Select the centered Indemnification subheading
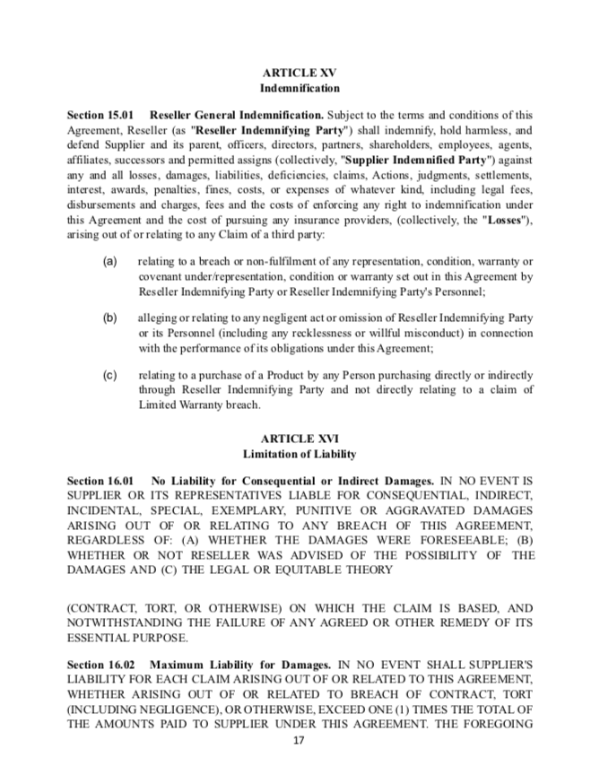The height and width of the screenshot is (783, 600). pos(300,89)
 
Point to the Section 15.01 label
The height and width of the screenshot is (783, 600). pos(100,115)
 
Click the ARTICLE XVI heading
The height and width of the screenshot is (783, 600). pos(300,439)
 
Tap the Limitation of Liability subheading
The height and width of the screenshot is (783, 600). pos(300,455)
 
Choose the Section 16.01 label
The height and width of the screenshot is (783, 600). pos(100,482)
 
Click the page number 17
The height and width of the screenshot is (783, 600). pos(300,743)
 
